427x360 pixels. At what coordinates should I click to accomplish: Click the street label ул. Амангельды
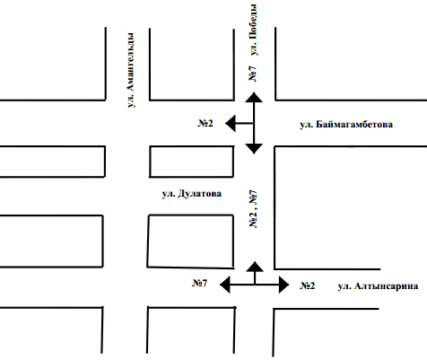point(131,70)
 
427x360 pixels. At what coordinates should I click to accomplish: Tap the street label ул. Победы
point(253,30)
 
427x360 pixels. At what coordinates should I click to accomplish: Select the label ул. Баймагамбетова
point(346,124)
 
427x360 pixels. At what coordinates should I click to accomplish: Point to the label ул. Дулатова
point(192,194)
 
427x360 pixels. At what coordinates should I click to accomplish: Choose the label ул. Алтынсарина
point(378,286)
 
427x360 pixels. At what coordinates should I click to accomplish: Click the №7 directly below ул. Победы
point(253,74)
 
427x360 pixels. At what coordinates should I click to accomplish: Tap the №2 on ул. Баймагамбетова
point(205,123)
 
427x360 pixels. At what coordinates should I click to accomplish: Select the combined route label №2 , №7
point(253,208)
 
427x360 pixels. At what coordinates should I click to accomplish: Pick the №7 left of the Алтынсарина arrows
point(199,283)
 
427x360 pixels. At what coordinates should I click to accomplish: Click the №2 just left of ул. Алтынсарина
point(308,285)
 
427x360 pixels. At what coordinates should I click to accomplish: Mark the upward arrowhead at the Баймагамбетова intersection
point(254,97)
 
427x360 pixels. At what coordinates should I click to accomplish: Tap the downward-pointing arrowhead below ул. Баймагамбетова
point(254,149)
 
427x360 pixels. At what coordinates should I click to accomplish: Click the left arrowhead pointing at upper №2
point(231,123)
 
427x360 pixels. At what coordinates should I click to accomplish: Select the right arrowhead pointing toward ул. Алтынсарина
point(284,285)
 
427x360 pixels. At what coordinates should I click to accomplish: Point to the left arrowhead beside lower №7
point(225,285)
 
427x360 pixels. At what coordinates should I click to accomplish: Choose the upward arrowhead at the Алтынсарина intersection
point(255,267)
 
